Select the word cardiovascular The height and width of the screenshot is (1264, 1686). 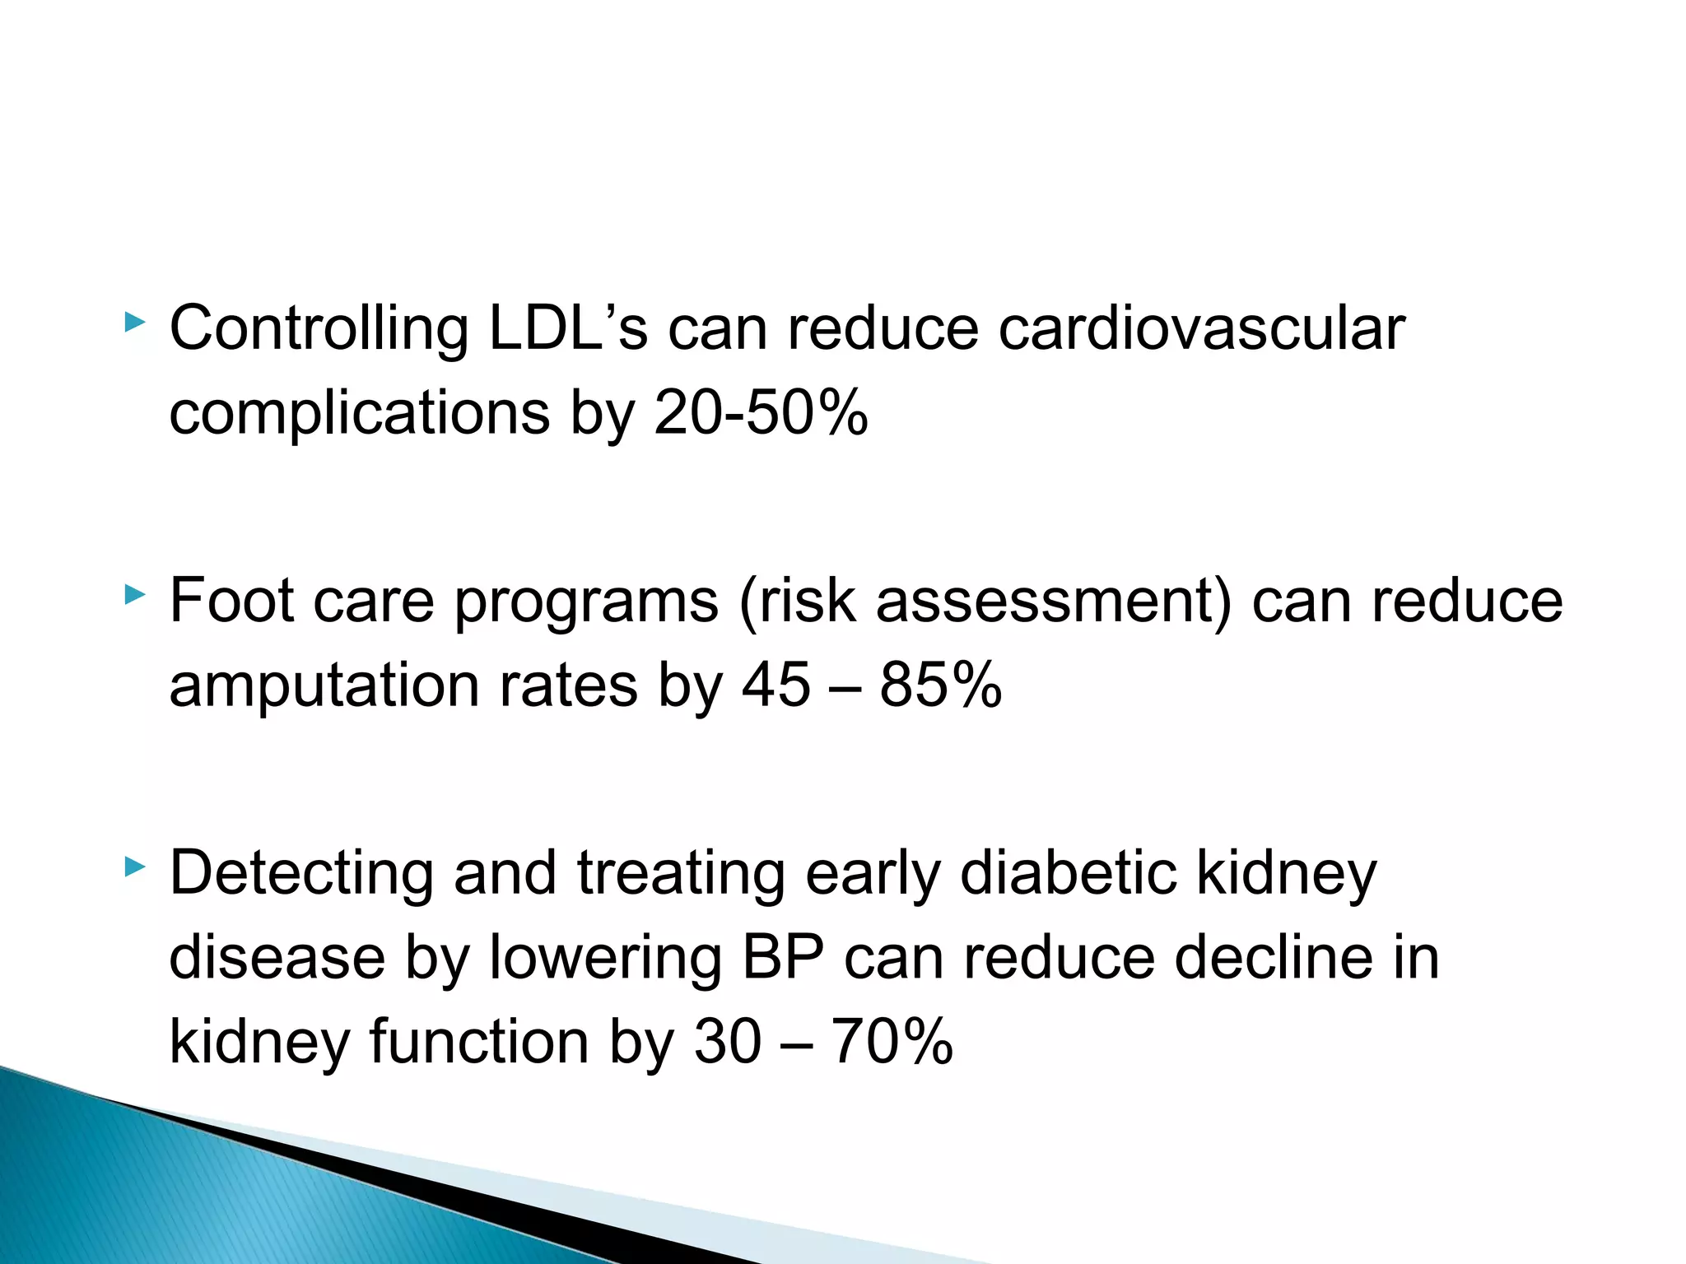pyautogui.click(x=1201, y=328)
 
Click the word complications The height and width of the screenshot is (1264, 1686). pyautogui.click(x=359, y=414)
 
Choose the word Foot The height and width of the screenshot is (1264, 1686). pyautogui.click(x=231, y=600)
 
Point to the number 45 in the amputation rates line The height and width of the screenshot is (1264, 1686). pyautogui.click(x=775, y=685)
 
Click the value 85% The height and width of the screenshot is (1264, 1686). pyautogui.click(x=940, y=685)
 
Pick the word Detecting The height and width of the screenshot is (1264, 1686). pyautogui.click(x=301, y=874)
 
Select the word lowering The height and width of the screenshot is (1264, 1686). pyautogui.click(x=604, y=960)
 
